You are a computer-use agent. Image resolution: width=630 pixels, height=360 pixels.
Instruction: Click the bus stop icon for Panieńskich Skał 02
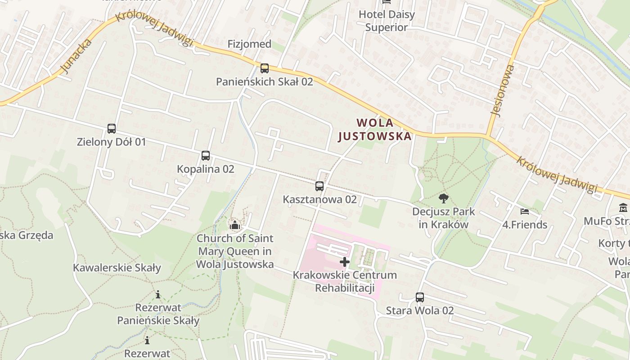click(265, 68)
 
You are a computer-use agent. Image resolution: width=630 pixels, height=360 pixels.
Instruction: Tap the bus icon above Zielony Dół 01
click(112, 129)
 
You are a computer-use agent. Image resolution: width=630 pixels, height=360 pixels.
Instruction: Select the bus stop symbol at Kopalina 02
click(206, 156)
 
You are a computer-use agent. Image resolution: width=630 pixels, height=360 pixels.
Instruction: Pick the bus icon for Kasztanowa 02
click(319, 186)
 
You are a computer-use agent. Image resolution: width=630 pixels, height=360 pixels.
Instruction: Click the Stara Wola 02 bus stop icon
click(420, 297)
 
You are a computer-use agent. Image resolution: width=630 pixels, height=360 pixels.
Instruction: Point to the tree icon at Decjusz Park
click(443, 198)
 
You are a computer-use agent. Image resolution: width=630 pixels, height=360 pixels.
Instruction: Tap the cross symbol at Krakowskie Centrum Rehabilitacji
click(345, 262)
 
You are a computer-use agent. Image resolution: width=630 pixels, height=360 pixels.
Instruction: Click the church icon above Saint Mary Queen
click(234, 225)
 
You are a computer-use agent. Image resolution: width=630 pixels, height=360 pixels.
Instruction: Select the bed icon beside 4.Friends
click(524, 211)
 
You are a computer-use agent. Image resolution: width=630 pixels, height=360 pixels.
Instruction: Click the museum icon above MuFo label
click(623, 208)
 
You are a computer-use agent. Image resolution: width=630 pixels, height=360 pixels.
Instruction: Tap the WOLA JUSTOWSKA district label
click(375, 129)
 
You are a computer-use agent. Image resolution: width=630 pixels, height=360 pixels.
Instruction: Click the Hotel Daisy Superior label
click(387, 21)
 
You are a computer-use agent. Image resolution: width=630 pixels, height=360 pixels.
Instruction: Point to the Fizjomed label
click(249, 44)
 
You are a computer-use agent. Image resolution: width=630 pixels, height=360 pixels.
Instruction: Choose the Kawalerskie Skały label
click(117, 268)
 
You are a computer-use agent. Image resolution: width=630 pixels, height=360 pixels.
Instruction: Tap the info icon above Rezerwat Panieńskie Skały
click(158, 295)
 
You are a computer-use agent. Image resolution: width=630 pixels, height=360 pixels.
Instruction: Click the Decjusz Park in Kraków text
click(444, 218)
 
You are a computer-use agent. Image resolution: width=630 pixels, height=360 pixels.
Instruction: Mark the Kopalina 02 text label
click(206, 169)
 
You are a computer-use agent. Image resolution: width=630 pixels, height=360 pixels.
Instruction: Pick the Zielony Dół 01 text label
click(112, 142)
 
